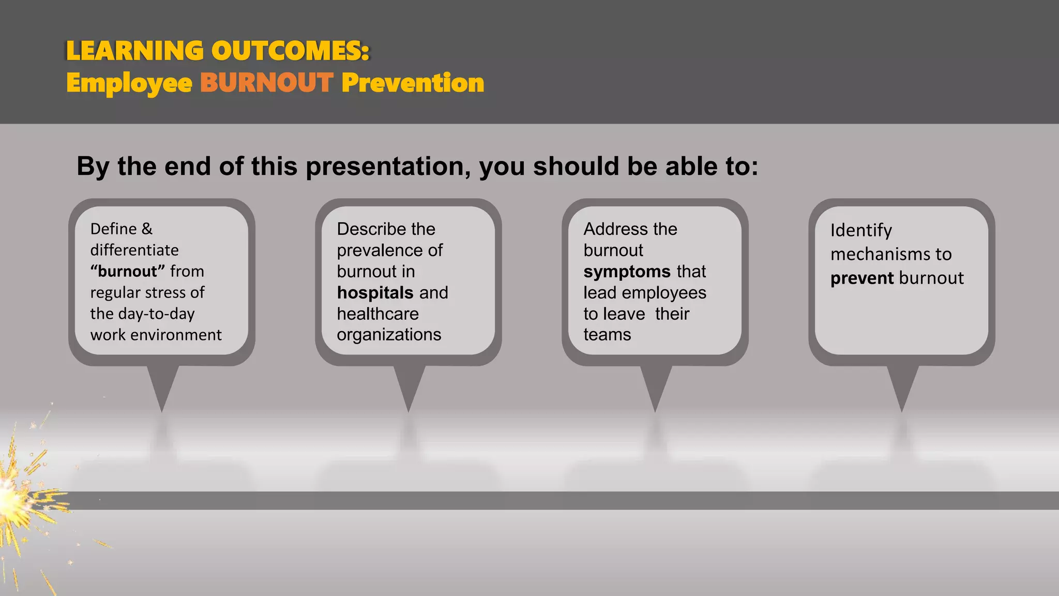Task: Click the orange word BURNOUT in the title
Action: pos(266,83)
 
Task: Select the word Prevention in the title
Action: pos(413,83)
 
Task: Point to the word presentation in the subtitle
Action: pos(388,167)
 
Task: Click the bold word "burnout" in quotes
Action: pos(128,271)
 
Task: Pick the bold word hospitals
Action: pos(375,293)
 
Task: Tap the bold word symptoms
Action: pos(627,272)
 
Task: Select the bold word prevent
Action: pos(862,278)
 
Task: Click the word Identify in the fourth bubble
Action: pos(861,230)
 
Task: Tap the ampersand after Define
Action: pos(147,229)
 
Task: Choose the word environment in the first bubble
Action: pos(176,335)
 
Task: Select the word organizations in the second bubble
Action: pos(389,335)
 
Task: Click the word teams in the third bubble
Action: pos(607,335)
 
